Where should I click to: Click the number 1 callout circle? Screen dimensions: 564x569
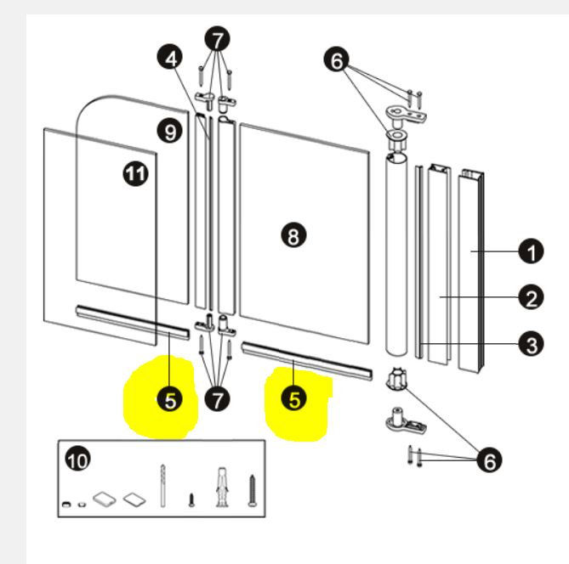pos(531,252)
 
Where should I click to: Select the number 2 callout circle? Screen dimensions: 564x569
pos(531,298)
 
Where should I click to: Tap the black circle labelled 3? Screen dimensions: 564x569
pos(531,344)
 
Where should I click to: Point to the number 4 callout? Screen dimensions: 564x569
pos(170,58)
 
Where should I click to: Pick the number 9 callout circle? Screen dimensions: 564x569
pos(170,131)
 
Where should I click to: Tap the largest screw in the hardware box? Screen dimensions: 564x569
pos(252,490)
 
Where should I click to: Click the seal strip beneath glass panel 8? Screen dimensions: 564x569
pos(307,359)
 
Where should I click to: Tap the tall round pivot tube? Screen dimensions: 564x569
pos(398,255)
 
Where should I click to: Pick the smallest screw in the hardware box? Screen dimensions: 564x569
pos(192,499)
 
